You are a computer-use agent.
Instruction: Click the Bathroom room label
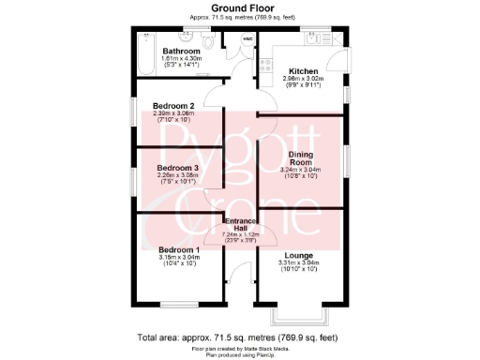[x=182, y=51]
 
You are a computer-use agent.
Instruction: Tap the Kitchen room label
[x=303, y=71]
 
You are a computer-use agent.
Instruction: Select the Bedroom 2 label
[x=173, y=106]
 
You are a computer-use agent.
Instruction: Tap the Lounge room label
[x=300, y=254]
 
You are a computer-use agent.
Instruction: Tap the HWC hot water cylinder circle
[x=247, y=39]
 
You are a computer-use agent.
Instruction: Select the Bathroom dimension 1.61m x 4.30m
[x=182, y=59]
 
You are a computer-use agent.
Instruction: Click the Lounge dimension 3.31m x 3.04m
[x=300, y=263]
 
